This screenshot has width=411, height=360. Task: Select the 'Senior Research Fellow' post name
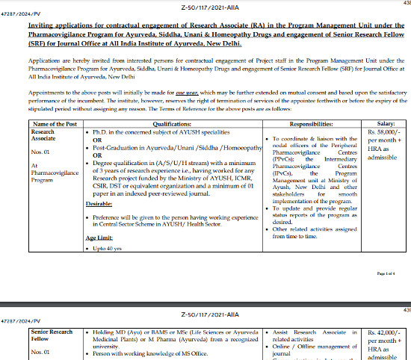pyautogui.click(x=53, y=335)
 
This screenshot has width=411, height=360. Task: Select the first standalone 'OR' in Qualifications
pyautogui.click(x=96, y=139)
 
